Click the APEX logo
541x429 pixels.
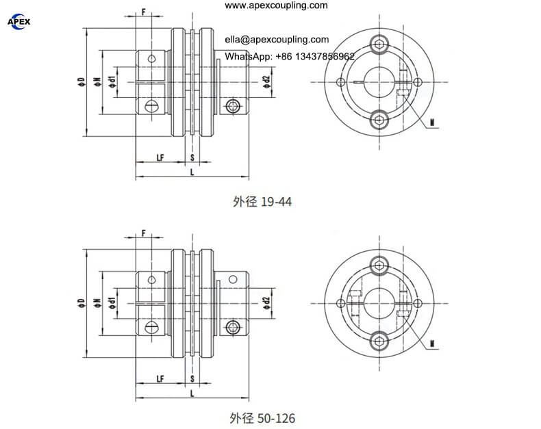coord(18,22)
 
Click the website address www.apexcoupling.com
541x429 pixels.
coord(276,5)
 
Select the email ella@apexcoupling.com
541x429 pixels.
coord(277,39)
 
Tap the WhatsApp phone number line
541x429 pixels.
coord(290,56)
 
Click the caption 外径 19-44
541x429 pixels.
coord(262,201)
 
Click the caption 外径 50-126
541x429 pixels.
coord(262,418)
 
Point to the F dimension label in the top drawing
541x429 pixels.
coord(144,12)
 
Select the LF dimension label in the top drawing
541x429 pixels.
coord(160,157)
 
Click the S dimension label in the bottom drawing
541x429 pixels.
coord(192,378)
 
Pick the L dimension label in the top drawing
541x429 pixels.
coord(192,172)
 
